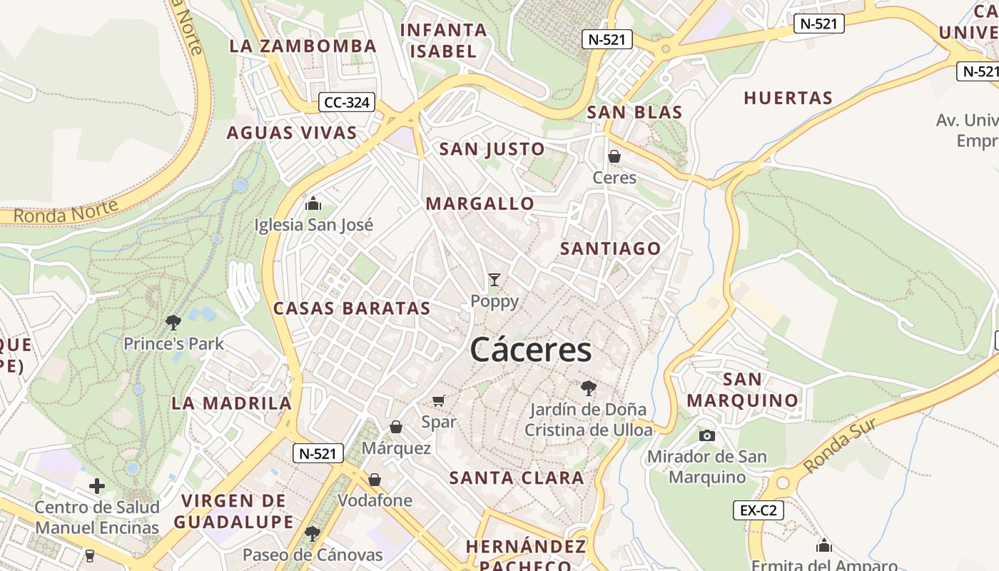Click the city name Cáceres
click(x=531, y=350)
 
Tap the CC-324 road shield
click(x=347, y=103)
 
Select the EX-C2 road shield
click(x=759, y=510)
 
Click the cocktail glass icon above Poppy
click(x=495, y=280)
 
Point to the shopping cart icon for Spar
click(x=439, y=401)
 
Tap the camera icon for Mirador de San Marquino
click(x=707, y=435)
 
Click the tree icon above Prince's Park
click(x=173, y=323)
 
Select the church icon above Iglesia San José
click(x=313, y=204)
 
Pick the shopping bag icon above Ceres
click(x=614, y=156)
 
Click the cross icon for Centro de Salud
click(x=97, y=487)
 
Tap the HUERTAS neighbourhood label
click(x=788, y=98)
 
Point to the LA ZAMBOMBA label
click(x=303, y=46)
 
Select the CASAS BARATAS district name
click(x=352, y=308)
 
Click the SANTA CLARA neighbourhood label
click(x=517, y=478)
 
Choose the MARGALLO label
click(x=480, y=204)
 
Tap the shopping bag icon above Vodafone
click(x=375, y=480)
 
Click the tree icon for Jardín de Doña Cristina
click(x=589, y=388)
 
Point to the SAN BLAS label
click(x=634, y=113)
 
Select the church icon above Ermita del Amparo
click(x=824, y=546)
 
